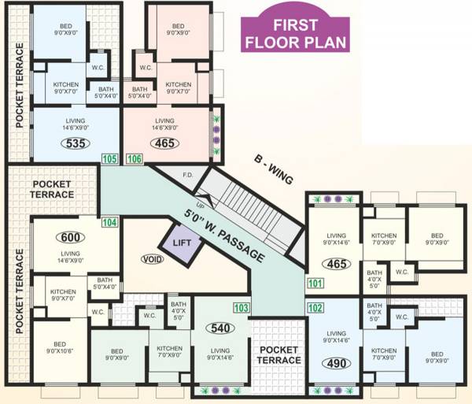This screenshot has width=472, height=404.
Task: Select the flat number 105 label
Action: [x=109, y=160]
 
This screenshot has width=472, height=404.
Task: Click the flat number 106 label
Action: [x=134, y=160]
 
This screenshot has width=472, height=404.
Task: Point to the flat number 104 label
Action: [x=109, y=224]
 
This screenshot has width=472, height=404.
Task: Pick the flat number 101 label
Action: [x=315, y=284]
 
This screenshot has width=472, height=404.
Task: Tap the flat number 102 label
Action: [x=315, y=308]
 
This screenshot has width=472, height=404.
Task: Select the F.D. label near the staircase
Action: [x=188, y=175]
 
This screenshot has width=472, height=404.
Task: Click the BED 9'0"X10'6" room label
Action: [x=60, y=348]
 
